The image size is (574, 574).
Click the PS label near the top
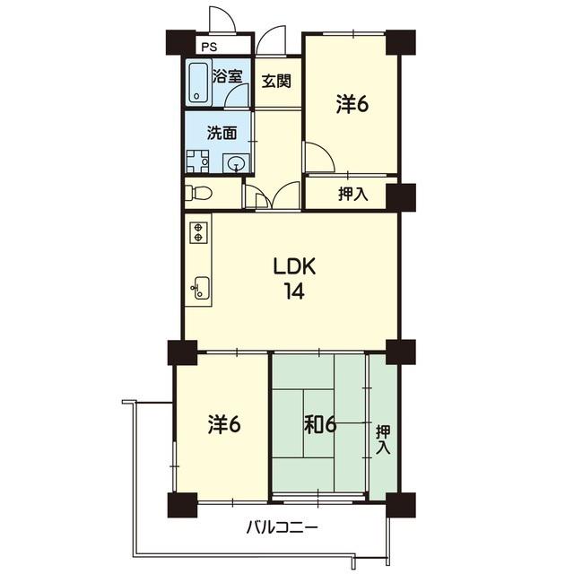pyautogui.click(x=209, y=47)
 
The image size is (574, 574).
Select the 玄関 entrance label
pyautogui.click(x=276, y=81)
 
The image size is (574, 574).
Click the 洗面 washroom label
pyautogui.click(x=222, y=133)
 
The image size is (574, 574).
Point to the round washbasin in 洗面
pyautogui.click(x=236, y=163)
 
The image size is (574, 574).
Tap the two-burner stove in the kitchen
pyautogui.click(x=198, y=232)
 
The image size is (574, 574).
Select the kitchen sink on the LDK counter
pyautogui.click(x=202, y=288)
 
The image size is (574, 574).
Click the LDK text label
pyautogui.click(x=295, y=267)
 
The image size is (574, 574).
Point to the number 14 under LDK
pyautogui.click(x=294, y=291)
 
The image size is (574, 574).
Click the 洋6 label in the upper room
pyautogui.click(x=352, y=104)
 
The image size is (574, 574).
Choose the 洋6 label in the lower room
pyautogui.click(x=224, y=424)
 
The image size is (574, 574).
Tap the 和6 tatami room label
pyautogui.click(x=320, y=424)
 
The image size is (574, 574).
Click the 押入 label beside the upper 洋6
pyautogui.click(x=352, y=194)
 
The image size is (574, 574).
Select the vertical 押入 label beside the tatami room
pyautogui.click(x=383, y=439)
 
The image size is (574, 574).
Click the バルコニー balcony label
pyautogui.click(x=282, y=528)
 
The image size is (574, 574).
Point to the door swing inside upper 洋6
pyautogui.click(x=319, y=157)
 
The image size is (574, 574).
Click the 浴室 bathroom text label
pyautogui.click(x=227, y=76)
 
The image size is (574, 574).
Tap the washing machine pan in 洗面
pyautogui.click(x=197, y=161)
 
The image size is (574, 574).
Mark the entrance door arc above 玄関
pyautogui.click(x=270, y=40)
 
